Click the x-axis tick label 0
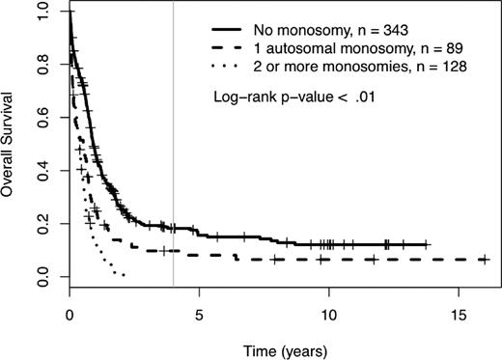point(70,314)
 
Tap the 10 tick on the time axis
point(328,314)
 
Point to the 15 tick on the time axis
point(458,314)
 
